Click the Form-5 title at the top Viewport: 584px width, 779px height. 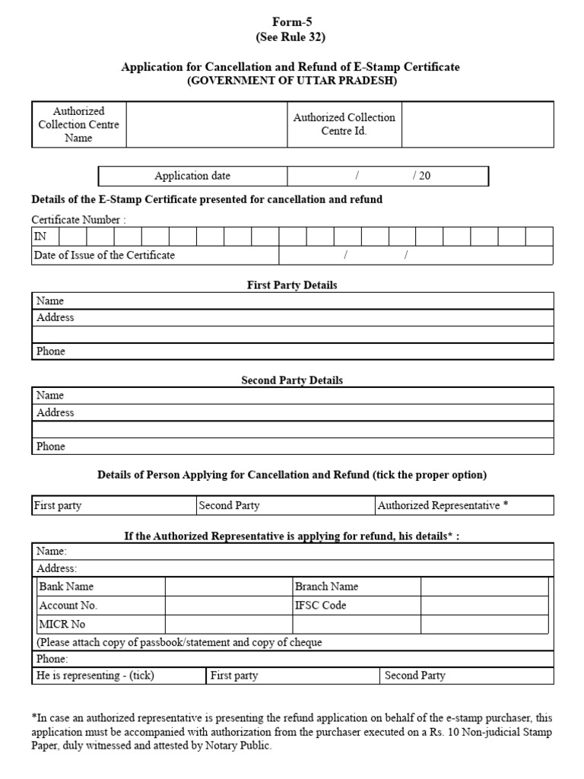(292, 22)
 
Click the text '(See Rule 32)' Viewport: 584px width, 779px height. (292, 37)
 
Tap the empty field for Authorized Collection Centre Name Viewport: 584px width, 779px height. (206, 125)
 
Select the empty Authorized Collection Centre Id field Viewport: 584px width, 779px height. (478, 125)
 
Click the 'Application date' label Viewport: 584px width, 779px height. (192, 176)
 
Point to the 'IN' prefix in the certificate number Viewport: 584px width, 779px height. (40, 237)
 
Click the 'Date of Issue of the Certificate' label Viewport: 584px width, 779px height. (104, 256)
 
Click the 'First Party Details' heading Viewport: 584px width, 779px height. (292, 285)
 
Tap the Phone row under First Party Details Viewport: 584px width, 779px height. (292, 351)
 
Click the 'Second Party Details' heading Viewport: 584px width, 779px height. (292, 380)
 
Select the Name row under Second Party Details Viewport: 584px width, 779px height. (292, 396)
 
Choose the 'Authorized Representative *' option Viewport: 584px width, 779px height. (443, 505)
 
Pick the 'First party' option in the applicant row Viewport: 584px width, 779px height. (58, 505)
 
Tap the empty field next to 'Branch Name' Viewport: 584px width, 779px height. (484, 587)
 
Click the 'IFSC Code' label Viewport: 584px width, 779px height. (320, 606)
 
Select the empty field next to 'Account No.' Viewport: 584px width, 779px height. (228, 606)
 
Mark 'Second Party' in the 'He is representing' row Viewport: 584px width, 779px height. (415, 676)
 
